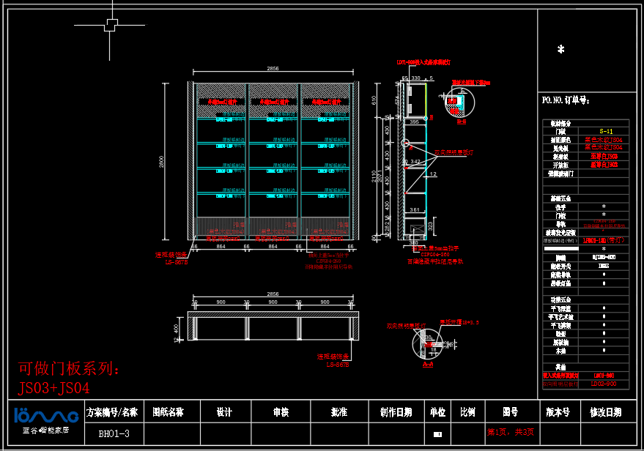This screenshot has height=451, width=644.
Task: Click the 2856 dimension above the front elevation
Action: [273, 68]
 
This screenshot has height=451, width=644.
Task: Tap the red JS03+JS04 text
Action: [54, 387]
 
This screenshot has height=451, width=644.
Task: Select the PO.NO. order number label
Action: [565, 100]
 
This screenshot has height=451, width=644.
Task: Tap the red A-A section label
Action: [428, 362]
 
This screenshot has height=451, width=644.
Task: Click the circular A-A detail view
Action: [427, 344]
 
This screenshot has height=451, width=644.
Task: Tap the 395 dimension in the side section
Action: [414, 122]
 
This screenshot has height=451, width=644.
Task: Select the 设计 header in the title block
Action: [224, 412]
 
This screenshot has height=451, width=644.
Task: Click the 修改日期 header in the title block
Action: [605, 412]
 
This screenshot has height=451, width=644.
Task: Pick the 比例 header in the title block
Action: [467, 412]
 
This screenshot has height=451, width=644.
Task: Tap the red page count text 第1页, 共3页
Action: [511, 432]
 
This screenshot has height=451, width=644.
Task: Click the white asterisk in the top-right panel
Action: [560, 50]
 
